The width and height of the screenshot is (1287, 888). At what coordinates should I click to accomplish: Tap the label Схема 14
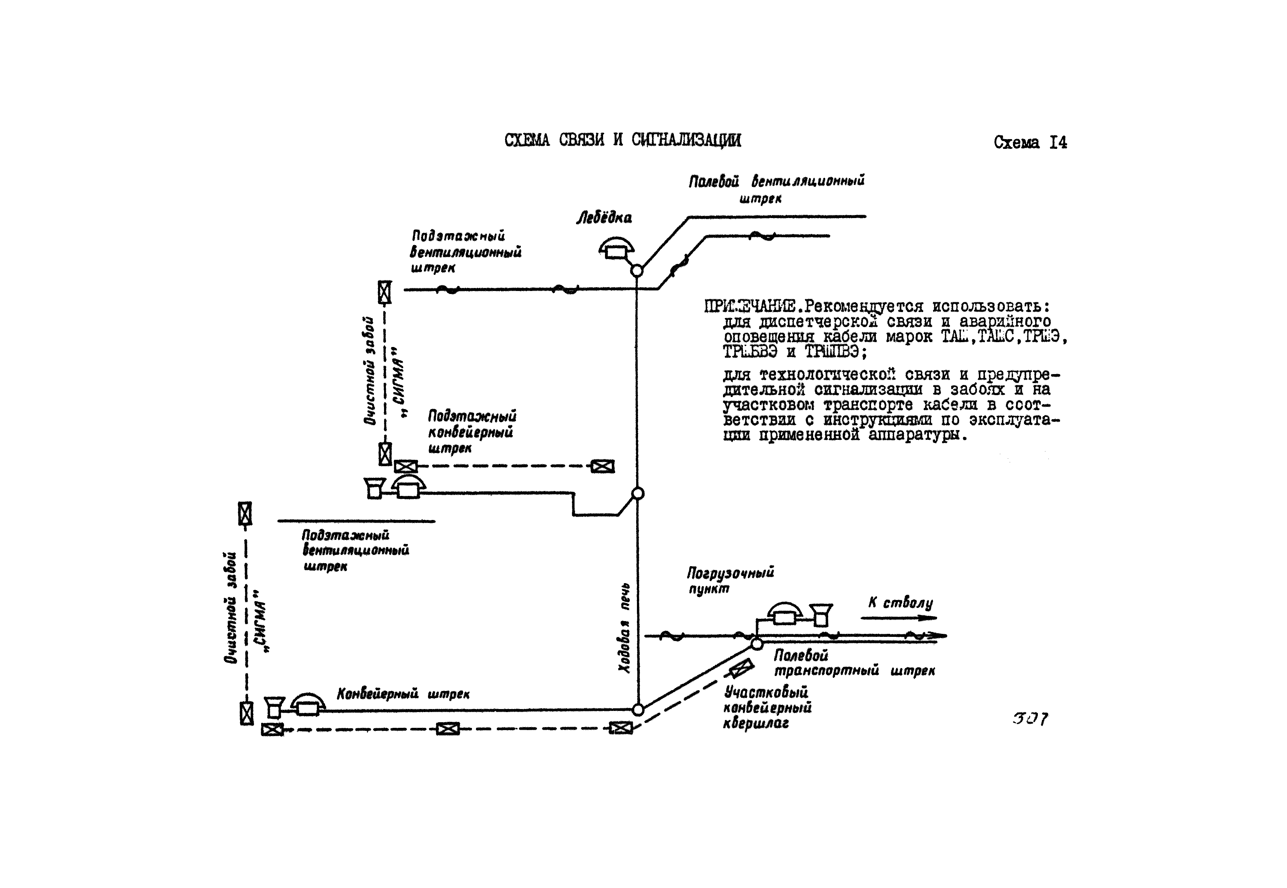[1030, 143]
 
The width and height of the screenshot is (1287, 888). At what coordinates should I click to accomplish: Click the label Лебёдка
[603, 218]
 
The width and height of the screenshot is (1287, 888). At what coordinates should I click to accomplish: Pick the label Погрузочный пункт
[730, 580]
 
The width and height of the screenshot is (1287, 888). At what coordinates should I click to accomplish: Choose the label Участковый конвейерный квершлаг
[767, 708]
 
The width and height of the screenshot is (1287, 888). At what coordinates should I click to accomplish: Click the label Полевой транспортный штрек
[854, 663]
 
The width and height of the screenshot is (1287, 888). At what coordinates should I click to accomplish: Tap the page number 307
[1030, 719]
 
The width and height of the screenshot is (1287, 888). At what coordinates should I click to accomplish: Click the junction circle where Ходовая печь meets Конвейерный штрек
[638, 710]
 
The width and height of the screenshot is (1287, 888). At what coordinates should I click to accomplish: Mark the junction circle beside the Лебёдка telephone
[637, 271]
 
